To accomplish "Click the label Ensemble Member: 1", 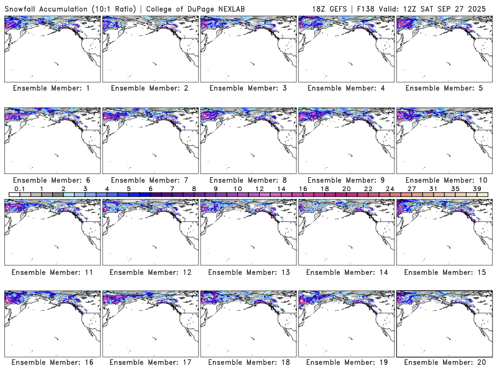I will [52, 88].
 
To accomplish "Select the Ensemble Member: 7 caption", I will [150, 180].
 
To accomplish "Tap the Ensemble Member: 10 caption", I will [444, 180].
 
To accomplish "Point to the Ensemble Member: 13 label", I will [248, 271].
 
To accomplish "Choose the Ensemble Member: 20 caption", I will [444, 362].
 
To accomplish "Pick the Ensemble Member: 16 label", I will [52, 362].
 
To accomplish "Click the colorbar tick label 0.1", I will [19, 188].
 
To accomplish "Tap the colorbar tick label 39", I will [477, 188].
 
